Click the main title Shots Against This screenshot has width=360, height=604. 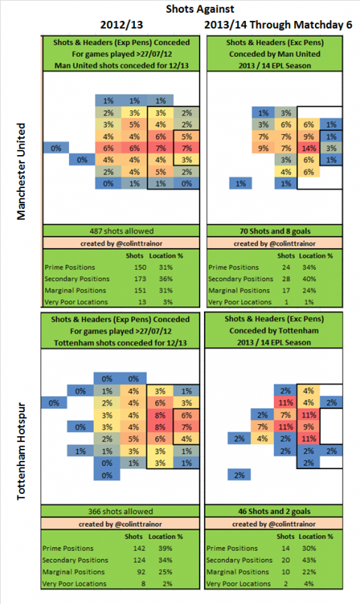pos(199,9)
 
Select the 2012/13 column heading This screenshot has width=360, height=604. pos(121,25)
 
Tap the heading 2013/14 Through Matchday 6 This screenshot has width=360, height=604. pos(278,25)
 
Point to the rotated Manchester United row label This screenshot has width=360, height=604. pos(21,172)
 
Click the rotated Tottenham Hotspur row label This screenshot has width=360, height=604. pos(21,451)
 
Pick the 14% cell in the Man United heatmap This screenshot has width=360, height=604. pos(309,148)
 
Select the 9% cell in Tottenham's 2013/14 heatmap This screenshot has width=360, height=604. pos(308,427)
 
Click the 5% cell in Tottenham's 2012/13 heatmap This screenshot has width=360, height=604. pos(133,438)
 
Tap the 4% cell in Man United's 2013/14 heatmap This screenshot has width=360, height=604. pos(286,172)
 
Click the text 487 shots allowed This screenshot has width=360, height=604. pos(121,231)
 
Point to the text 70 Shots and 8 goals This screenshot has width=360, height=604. pos(274,231)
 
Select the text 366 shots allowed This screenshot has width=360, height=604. pos(121,512)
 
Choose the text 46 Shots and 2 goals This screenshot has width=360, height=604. pos(274,512)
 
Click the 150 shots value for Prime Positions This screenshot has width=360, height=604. pos(140,268)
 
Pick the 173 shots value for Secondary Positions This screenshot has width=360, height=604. pos(140,279)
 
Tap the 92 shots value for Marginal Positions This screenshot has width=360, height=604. pos(141,572)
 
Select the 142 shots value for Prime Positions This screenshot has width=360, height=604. pos(139,549)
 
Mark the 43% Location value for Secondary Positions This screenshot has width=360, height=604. pos(309,560)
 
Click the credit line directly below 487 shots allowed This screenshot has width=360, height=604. pos(121,244)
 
